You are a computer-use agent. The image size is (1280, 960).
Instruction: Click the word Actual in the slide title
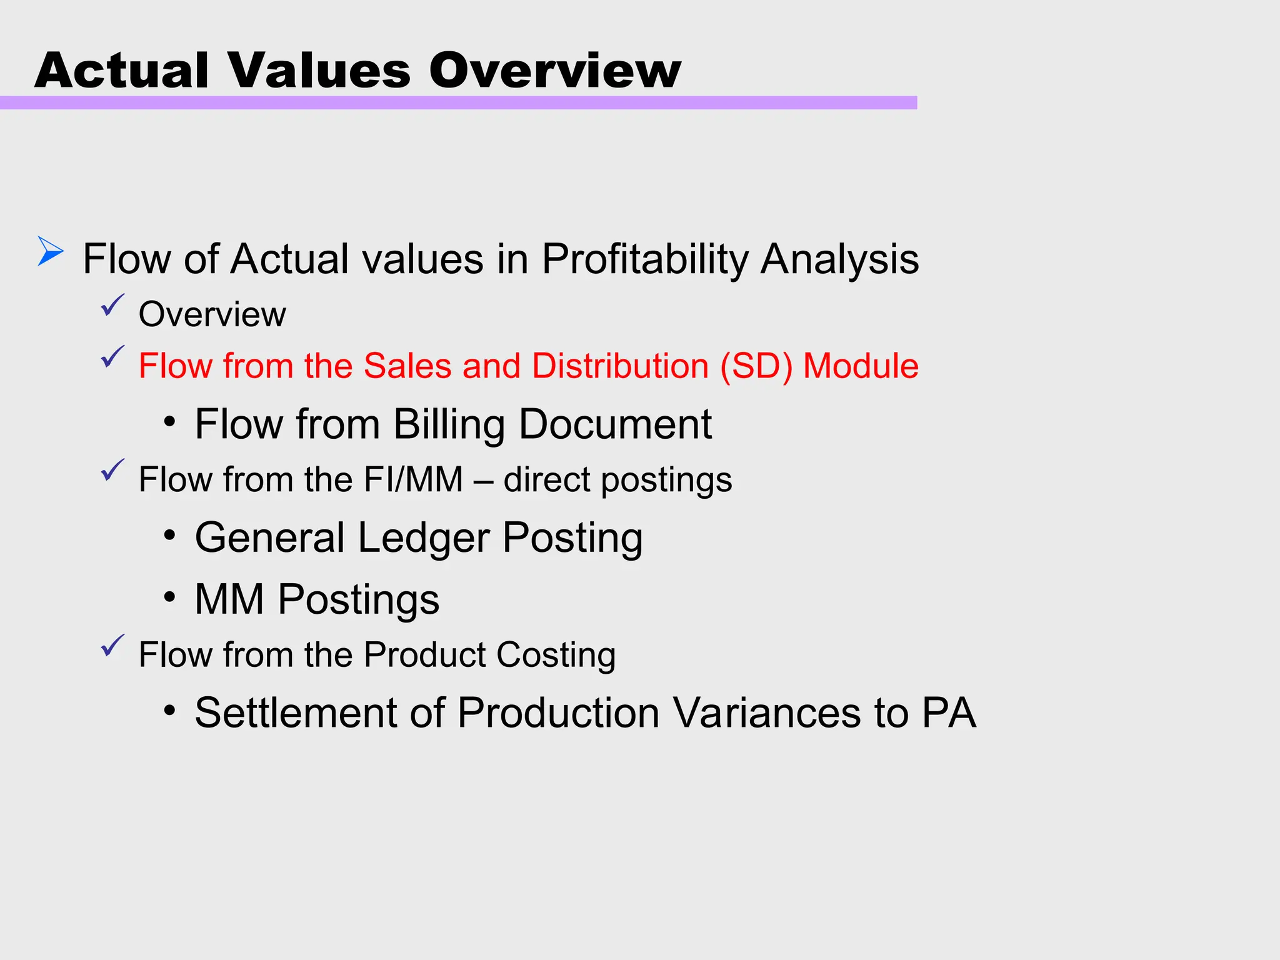pos(121,70)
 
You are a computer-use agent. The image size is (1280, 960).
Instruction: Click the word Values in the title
pos(319,70)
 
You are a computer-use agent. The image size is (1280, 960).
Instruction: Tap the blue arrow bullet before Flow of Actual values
pos(50,251)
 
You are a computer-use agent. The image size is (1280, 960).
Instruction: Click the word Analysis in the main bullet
pos(839,259)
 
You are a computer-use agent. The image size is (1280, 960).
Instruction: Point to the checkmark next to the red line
pos(112,357)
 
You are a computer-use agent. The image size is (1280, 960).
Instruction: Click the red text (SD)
pos(756,366)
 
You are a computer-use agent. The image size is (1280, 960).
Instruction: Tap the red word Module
pos(861,366)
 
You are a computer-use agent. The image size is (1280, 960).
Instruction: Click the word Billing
pos(449,424)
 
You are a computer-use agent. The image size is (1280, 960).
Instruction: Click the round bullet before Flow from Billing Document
pos(169,422)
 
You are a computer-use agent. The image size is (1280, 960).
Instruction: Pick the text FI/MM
pos(413,479)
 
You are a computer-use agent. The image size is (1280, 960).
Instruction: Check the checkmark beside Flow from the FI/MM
pos(112,470)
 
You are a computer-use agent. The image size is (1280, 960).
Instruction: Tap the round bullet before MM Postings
pos(169,597)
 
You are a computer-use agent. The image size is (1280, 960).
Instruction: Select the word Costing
pos(556,655)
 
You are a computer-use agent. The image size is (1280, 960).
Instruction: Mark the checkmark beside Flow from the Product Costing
pos(112,646)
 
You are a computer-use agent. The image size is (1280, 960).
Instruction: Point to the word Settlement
pos(296,712)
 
